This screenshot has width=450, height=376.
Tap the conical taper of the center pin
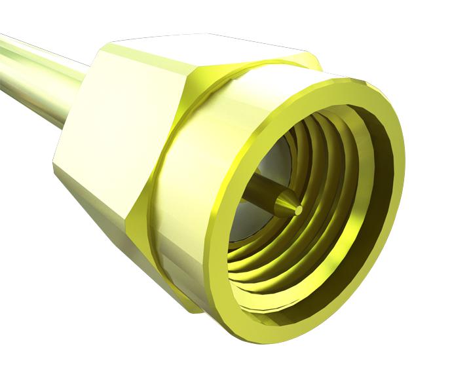[x=286, y=204]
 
